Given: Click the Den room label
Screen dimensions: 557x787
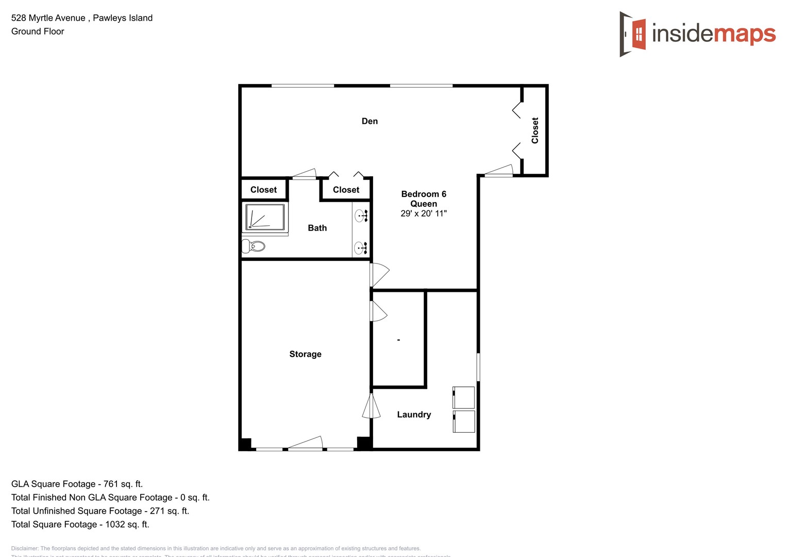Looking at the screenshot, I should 370,121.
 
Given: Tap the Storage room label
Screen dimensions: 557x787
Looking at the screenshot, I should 305,354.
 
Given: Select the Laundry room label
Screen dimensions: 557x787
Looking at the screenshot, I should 414,415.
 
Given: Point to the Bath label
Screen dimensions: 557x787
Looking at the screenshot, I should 317,228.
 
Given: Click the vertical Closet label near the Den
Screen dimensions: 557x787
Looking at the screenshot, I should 535,130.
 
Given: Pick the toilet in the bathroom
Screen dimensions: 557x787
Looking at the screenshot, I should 254,246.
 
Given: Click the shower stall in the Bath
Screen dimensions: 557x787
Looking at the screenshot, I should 265,217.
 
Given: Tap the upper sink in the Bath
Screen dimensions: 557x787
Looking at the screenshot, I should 361,216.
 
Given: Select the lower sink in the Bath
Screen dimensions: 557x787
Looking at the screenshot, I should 361,249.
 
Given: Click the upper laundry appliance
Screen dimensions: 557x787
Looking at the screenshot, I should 464,397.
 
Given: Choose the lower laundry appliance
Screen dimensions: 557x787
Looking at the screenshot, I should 464,421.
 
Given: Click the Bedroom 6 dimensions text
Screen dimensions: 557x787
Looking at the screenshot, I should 424,214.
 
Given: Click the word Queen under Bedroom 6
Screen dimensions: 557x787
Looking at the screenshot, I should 424,204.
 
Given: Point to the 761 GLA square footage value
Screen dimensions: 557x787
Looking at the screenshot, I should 111,484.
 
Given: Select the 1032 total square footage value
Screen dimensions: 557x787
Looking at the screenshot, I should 115,524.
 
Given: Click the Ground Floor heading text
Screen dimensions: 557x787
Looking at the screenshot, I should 38,31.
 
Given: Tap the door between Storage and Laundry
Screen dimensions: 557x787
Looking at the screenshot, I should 371,406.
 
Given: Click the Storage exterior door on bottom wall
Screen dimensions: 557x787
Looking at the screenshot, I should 305,444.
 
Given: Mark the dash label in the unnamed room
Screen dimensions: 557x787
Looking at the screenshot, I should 398,340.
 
